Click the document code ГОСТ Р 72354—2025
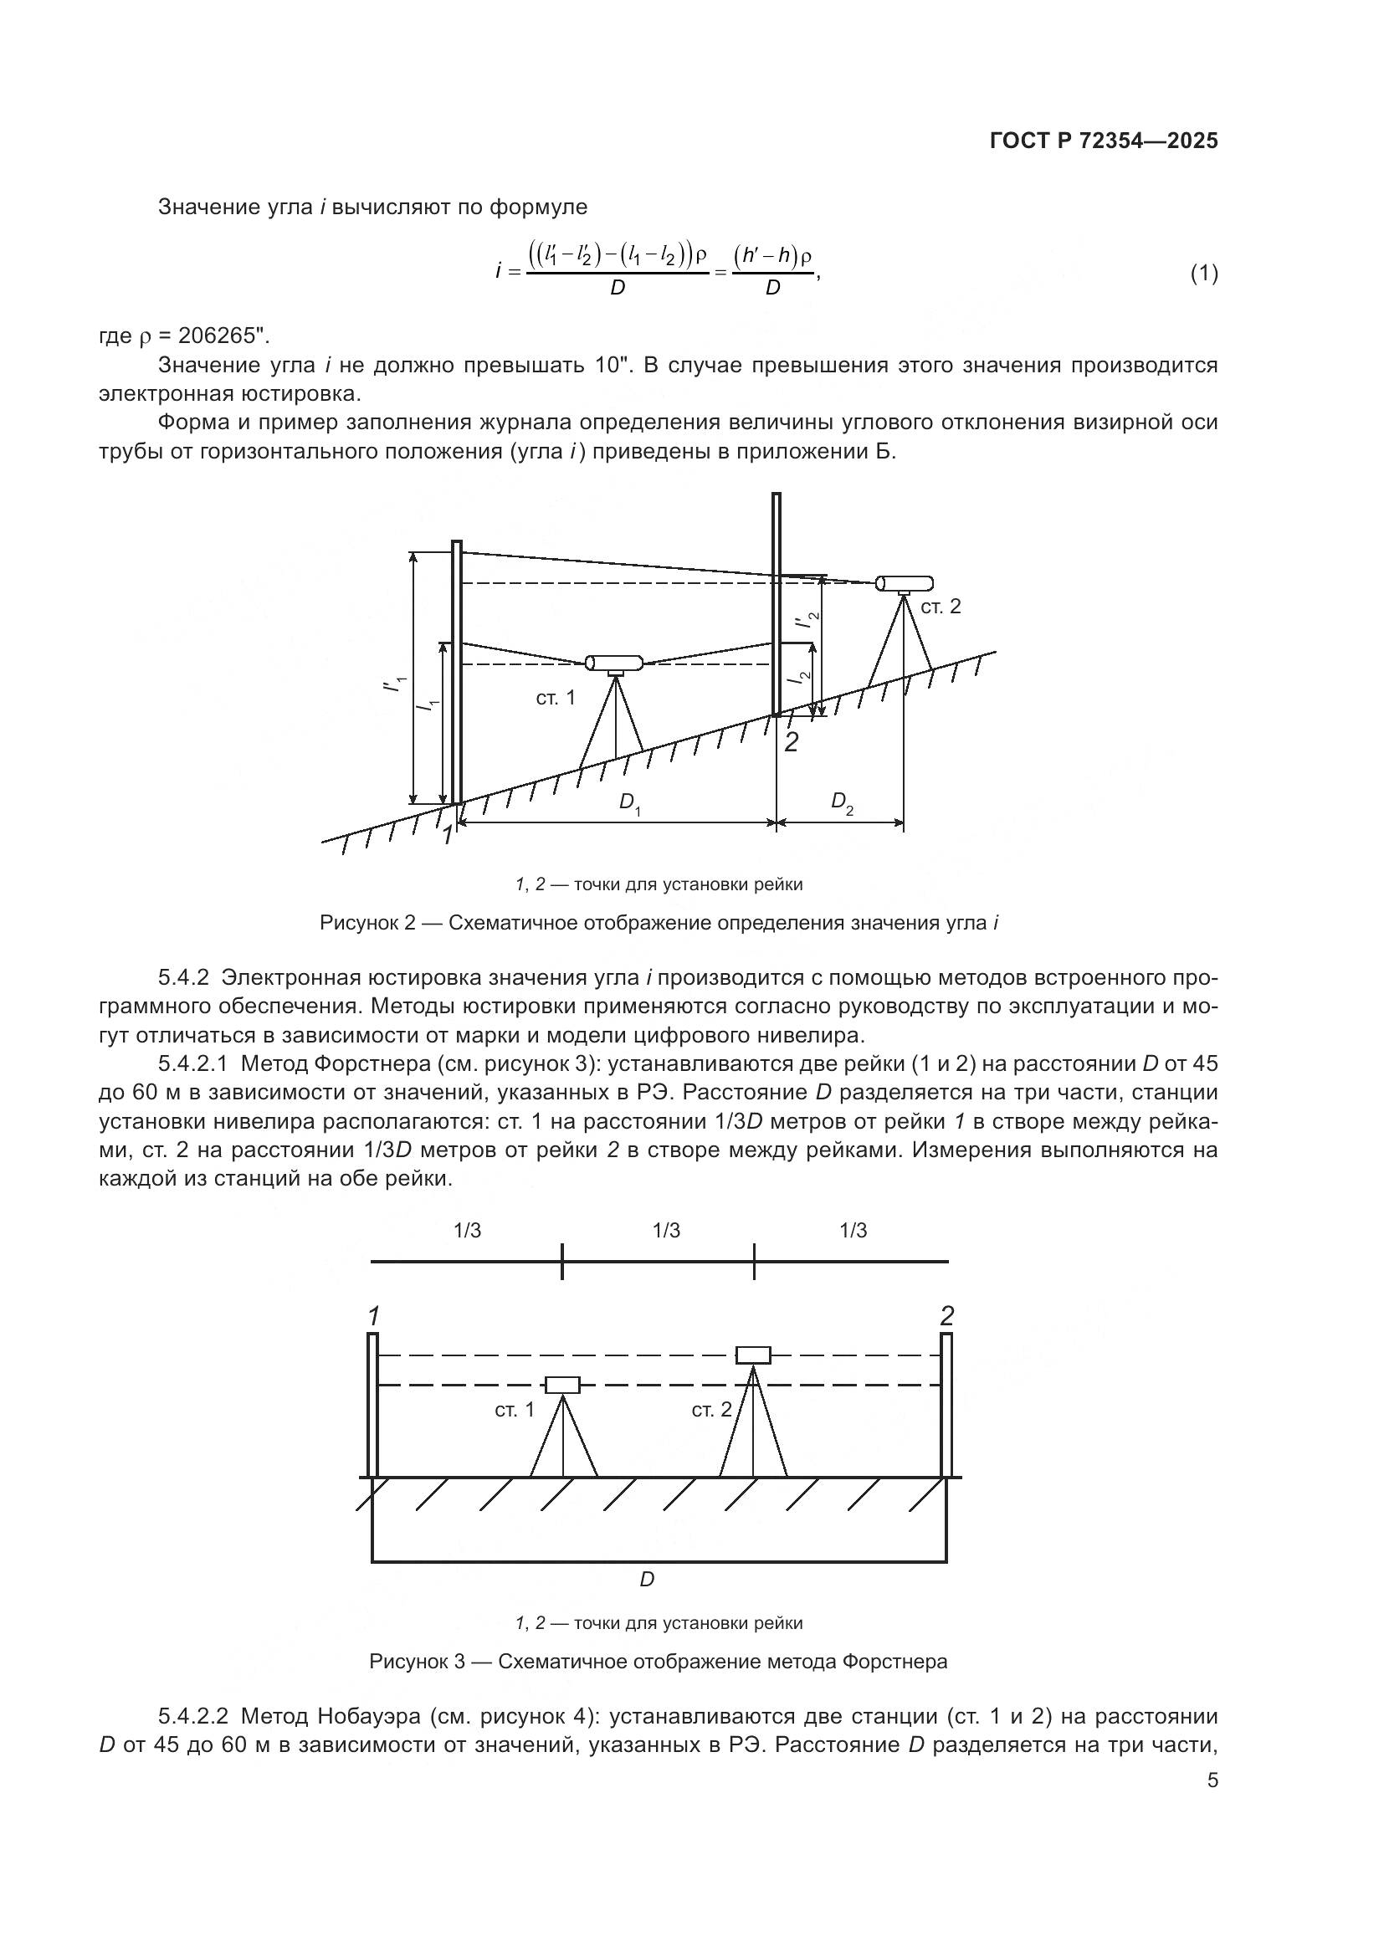1104,141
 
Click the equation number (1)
1203,274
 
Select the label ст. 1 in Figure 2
556,698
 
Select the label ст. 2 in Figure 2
941,606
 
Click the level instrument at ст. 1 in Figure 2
613,663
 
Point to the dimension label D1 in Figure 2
629,803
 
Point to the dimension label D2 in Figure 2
841,802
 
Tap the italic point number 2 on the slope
791,742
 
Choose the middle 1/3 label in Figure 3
665,1231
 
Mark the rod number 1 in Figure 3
372,1315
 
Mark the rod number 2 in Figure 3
947,1316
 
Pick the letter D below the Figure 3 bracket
647,1580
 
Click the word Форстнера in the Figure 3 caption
894,1662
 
